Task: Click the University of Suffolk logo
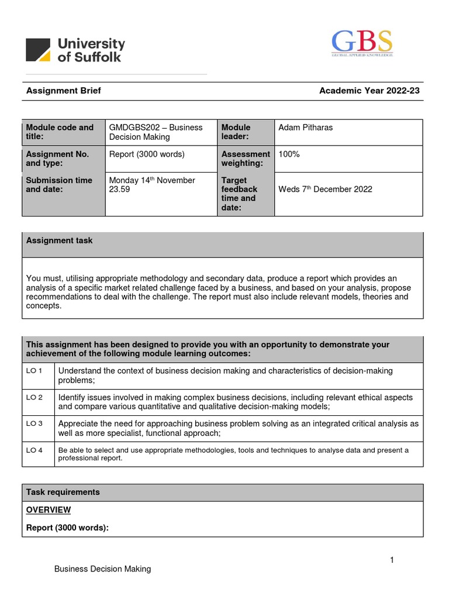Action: tap(75, 50)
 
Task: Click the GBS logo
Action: tap(362, 43)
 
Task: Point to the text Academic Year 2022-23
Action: tap(369, 91)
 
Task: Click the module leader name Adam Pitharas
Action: tap(306, 128)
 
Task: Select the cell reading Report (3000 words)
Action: tap(147, 154)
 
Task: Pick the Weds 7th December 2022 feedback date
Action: tap(325, 190)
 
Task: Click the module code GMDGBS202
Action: tap(134, 128)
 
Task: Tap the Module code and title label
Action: tap(60, 132)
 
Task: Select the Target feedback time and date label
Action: tap(239, 194)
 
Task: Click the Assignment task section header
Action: tap(59, 241)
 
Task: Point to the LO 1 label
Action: tap(34, 371)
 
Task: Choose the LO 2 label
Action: tap(34, 397)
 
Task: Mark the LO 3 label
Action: tap(34, 424)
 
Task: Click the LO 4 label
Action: tap(34, 450)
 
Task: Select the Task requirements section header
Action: tap(63, 493)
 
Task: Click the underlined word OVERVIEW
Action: tap(49, 510)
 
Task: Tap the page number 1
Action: tap(392, 560)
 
